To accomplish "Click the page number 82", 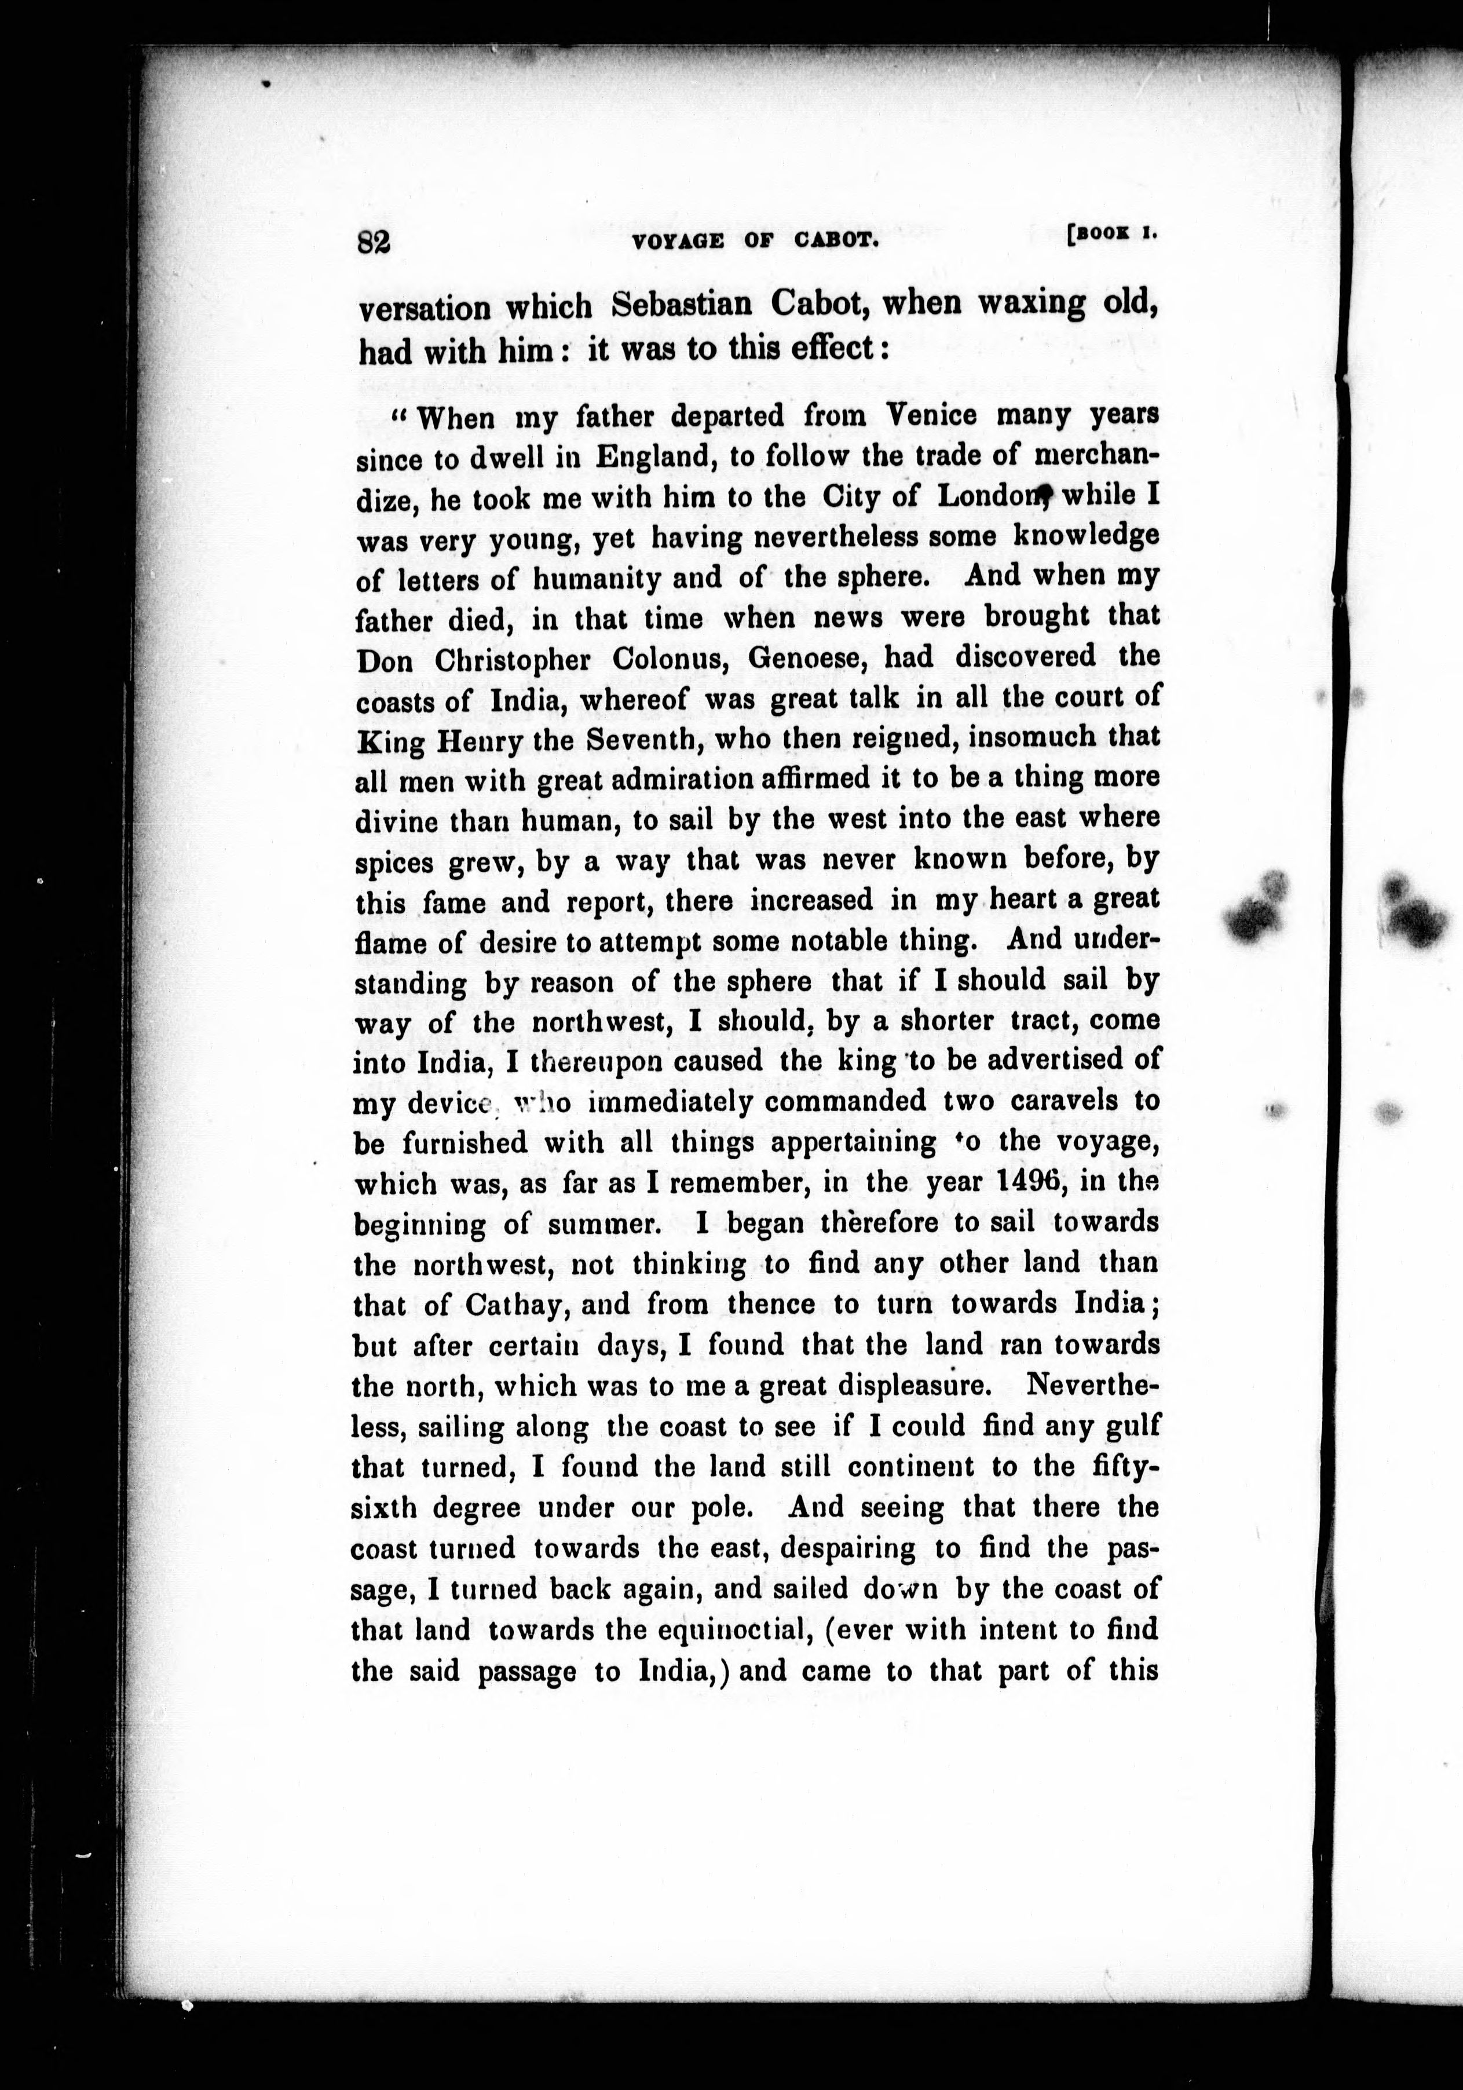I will [x=373, y=243].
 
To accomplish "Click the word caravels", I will [x=1067, y=1101].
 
